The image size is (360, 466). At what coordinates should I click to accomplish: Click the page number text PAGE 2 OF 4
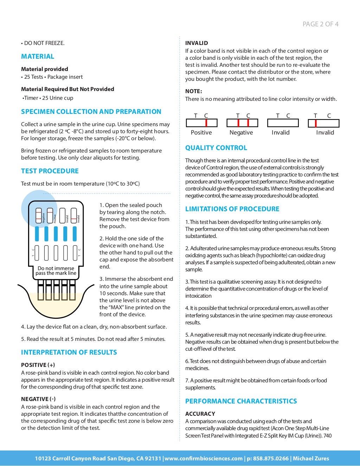coord(320,24)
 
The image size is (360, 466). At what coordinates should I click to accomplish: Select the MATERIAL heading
coord(38,57)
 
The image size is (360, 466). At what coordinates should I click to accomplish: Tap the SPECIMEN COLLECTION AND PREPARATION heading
coord(91,112)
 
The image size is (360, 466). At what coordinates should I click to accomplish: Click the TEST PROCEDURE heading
coord(50,171)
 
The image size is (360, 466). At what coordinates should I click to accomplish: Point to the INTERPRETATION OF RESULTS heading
coord(69,352)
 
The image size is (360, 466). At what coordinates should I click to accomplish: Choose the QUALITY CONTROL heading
coord(216,148)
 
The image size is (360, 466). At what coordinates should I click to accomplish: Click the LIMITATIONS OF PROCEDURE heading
coord(232,209)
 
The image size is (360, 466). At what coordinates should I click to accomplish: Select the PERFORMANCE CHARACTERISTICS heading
coord(241,401)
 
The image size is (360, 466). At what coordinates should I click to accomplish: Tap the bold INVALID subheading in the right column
coord(197,43)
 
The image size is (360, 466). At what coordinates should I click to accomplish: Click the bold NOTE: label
coord(193,91)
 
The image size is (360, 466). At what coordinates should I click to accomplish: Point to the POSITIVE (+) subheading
coord(38,365)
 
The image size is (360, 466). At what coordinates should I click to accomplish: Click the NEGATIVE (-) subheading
coord(38,399)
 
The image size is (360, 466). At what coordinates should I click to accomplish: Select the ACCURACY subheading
coord(200,414)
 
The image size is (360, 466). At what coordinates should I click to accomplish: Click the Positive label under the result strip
coord(201,133)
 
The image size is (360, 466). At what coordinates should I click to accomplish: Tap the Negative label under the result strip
coord(241,133)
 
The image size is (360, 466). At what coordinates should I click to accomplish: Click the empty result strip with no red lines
coord(283,123)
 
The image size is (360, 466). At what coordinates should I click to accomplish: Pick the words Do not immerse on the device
coord(56,268)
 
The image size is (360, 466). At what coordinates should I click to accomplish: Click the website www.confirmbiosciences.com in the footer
coord(204,459)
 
